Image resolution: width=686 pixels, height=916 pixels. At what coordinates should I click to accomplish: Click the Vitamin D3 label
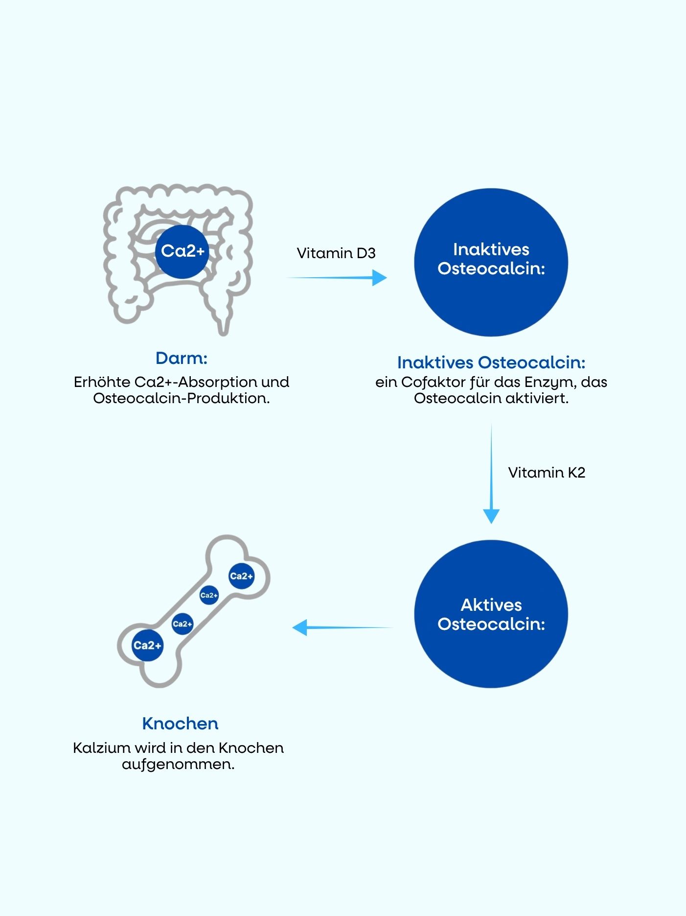click(336, 253)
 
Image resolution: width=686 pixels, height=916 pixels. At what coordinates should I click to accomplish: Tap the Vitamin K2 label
click(547, 472)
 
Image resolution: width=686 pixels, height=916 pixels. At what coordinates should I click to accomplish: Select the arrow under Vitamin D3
click(337, 278)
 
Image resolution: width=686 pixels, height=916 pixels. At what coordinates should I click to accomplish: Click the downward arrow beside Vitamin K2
click(491, 474)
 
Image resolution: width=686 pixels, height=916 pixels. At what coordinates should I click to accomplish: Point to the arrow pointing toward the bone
click(343, 627)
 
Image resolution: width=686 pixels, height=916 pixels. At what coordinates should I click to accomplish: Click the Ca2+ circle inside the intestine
click(183, 251)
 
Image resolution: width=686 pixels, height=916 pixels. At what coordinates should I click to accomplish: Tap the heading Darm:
click(182, 358)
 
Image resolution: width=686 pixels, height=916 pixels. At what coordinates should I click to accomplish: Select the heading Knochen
click(180, 723)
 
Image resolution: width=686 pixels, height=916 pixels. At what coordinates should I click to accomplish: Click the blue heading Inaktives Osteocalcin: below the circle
click(491, 362)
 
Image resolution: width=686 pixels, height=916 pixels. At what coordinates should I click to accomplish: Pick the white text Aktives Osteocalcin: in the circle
click(491, 614)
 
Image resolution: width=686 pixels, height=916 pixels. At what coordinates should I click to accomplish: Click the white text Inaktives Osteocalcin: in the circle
click(491, 259)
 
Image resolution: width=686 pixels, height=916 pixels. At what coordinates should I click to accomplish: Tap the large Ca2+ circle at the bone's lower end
click(147, 645)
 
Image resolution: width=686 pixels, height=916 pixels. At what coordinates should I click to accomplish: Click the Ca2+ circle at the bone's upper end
click(242, 576)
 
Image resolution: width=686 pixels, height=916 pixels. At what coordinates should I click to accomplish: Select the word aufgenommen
click(178, 765)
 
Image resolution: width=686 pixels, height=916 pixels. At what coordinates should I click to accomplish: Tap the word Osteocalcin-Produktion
click(182, 398)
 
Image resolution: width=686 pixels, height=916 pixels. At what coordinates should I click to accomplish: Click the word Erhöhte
click(102, 382)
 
